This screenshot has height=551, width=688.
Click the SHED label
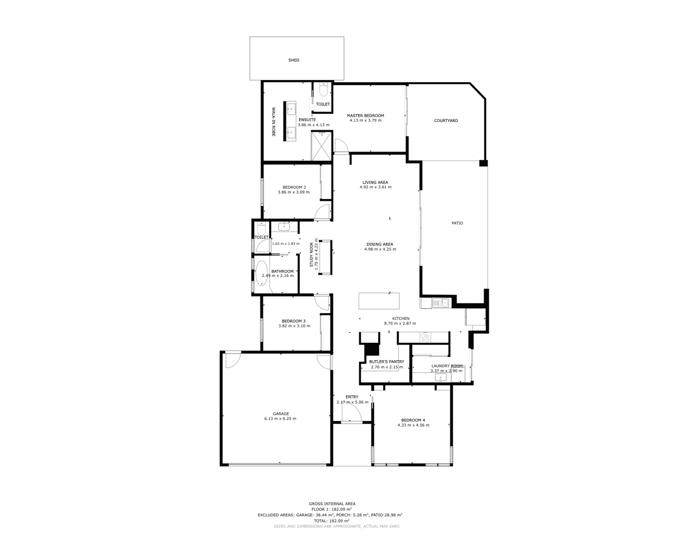click(294, 60)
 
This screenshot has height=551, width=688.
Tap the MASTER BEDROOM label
click(365, 116)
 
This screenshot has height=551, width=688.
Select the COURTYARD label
click(446, 121)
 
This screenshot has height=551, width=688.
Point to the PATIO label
click(457, 223)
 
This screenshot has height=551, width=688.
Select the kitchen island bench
click(380, 300)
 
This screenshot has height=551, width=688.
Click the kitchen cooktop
click(426, 337)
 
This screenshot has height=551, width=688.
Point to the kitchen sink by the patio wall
click(439, 303)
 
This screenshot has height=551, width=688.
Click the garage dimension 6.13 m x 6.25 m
click(280, 419)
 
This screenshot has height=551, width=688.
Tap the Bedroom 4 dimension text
click(413, 425)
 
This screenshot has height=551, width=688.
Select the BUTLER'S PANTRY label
click(386, 362)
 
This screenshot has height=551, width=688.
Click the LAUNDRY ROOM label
click(447, 366)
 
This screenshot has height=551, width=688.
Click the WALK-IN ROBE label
click(273, 121)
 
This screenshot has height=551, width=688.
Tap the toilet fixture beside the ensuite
click(323, 90)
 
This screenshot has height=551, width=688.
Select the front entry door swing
click(352, 415)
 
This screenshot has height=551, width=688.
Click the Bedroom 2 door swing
click(323, 212)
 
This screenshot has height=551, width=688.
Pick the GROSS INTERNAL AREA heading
click(332, 504)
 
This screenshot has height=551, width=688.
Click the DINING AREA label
click(380, 244)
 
